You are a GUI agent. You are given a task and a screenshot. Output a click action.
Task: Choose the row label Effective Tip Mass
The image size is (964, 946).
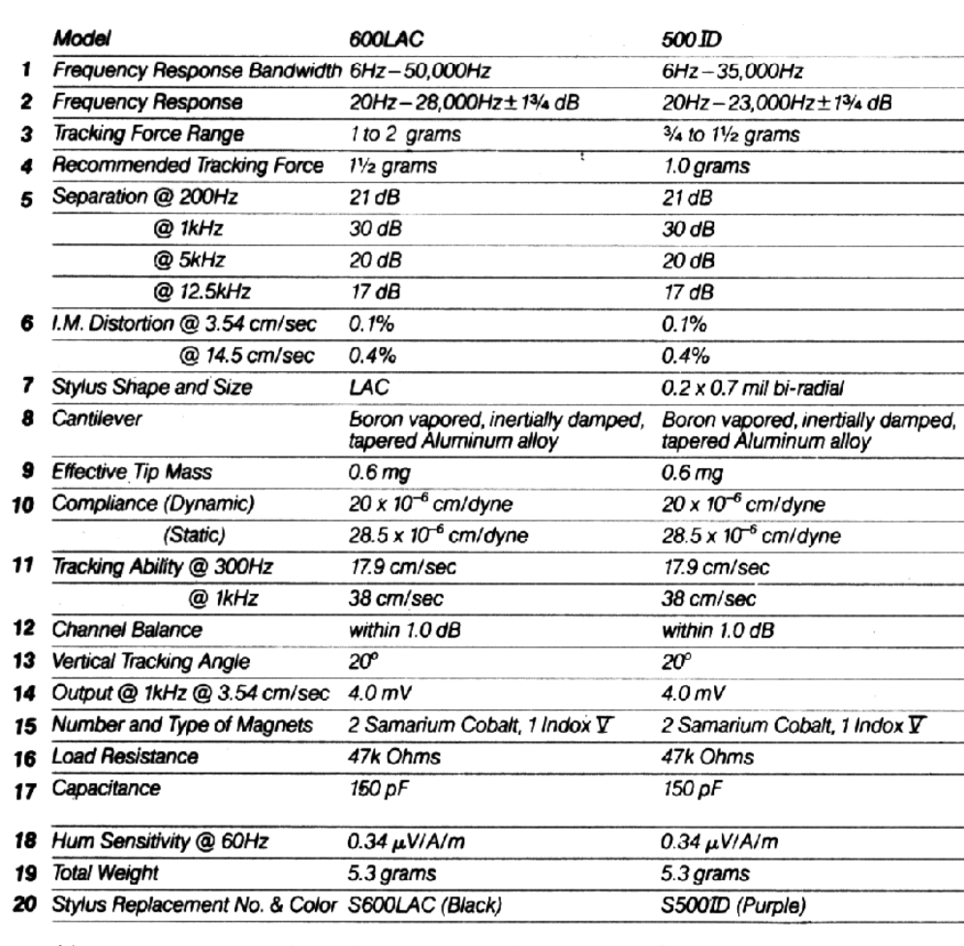click(x=127, y=448)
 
